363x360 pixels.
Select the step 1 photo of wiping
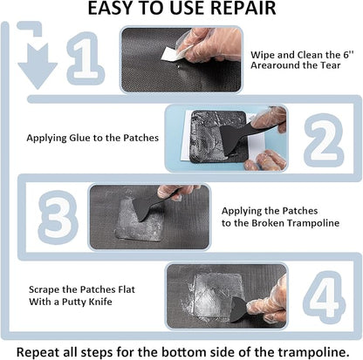point(178,62)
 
